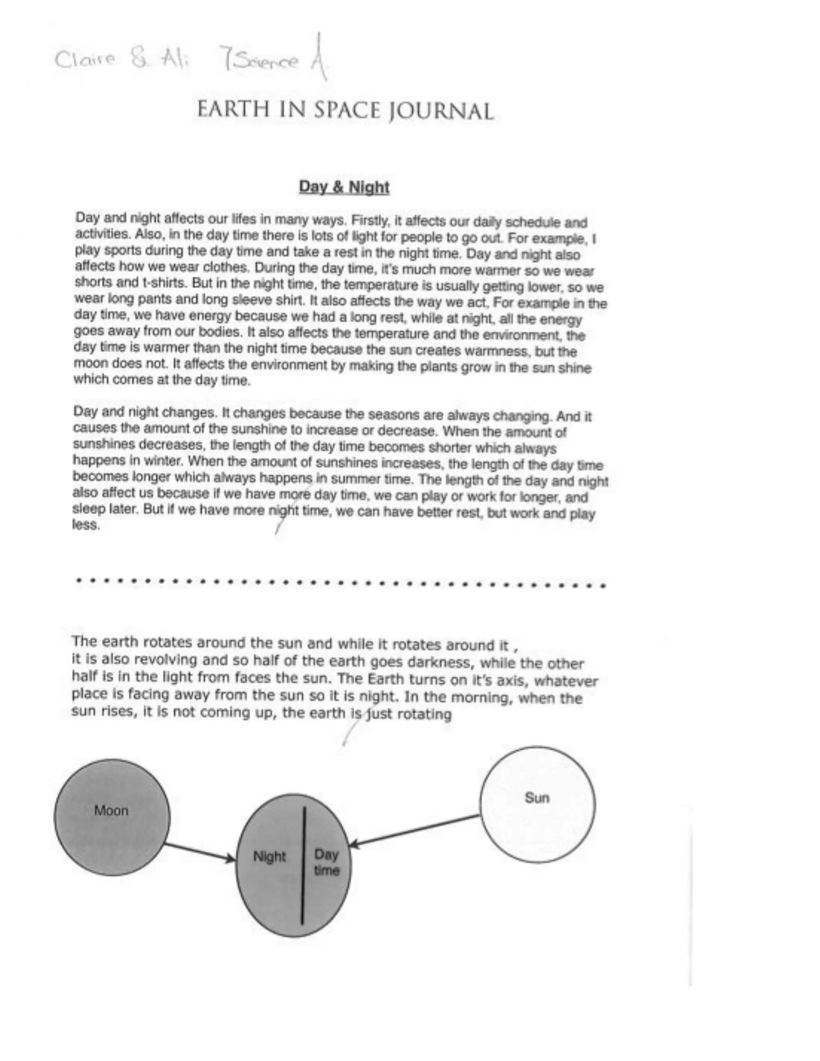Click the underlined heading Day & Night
click(x=344, y=187)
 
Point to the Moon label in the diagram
click(x=111, y=811)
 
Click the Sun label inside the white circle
click(x=537, y=798)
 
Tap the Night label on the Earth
click(x=269, y=856)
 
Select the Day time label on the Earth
click(x=326, y=862)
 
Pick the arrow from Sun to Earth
click(x=415, y=831)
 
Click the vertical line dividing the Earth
click(x=303, y=865)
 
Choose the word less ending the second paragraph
click(x=86, y=525)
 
